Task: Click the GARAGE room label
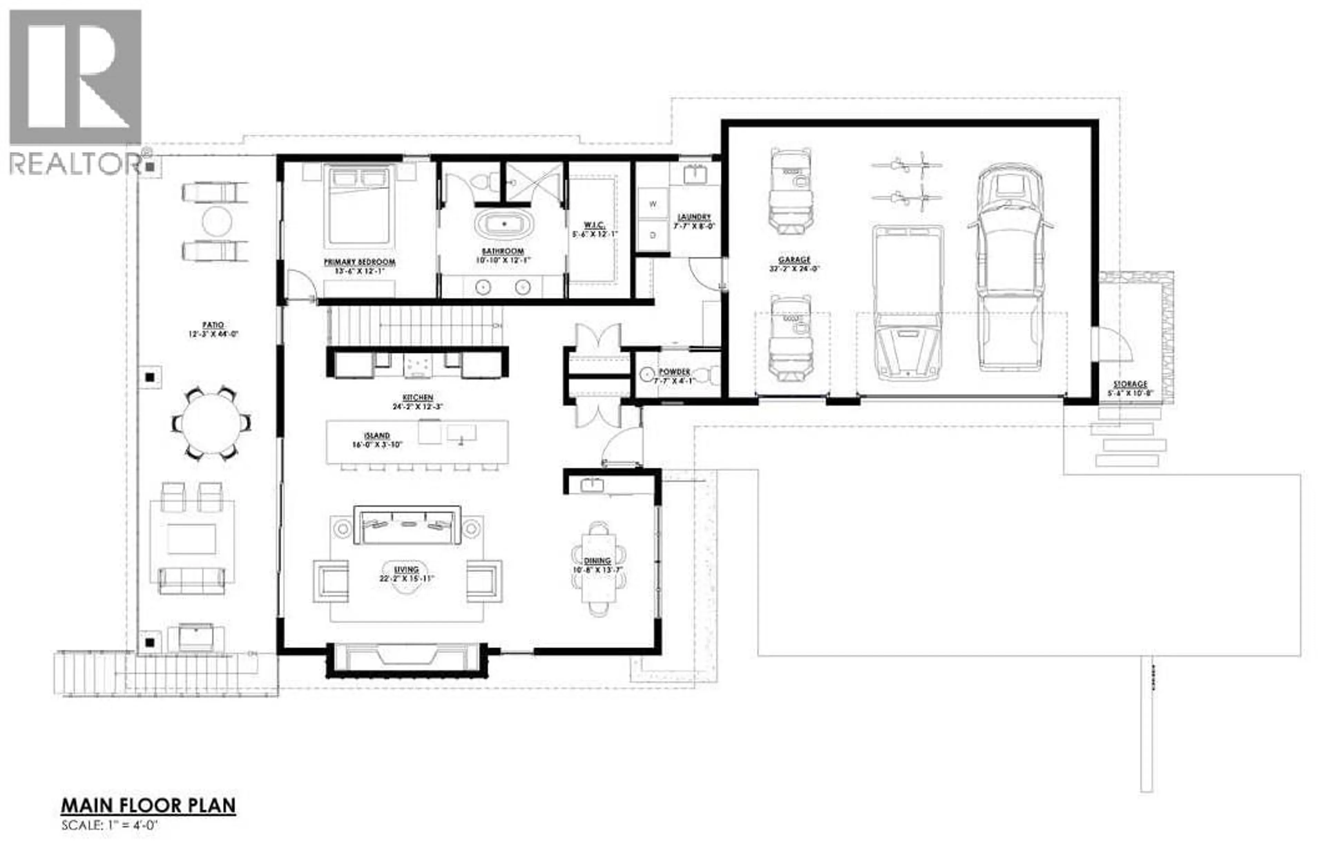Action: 794,260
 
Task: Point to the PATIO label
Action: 213,325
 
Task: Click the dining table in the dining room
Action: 599,568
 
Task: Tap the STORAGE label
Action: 1130,384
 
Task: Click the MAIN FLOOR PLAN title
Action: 148,805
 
